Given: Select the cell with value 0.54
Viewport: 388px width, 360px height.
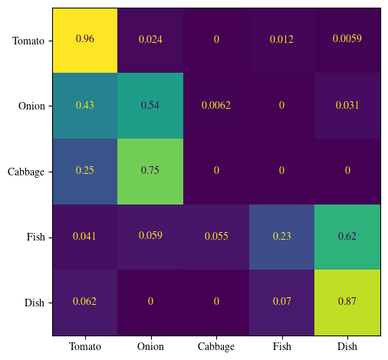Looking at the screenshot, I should coord(150,105).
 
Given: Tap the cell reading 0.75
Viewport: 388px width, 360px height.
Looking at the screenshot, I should coord(150,171).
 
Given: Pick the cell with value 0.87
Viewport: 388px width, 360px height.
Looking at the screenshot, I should coord(347,302).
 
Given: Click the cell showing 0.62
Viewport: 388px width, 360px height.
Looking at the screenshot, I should coord(347,237).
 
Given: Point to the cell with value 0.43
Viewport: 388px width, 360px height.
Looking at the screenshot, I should coord(85,105).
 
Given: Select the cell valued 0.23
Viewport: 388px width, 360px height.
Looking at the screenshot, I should coord(281,237).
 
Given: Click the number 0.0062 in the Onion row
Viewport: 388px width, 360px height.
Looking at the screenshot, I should coord(216,105).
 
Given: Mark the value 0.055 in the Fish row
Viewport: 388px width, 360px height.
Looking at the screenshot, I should coord(216,237).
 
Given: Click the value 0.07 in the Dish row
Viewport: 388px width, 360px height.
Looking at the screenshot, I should coord(281,302).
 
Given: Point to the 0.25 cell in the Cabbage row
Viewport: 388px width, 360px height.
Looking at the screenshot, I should coord(85,171).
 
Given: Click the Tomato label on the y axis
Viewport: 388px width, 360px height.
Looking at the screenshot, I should coord(28,40).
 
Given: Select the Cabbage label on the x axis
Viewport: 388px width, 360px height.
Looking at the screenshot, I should coord(216,346).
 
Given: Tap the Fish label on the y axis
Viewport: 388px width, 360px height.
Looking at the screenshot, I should coord(35,237).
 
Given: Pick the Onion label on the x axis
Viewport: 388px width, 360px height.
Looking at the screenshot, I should coord(150,346).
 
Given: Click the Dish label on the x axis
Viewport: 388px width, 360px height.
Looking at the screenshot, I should coord(347,346).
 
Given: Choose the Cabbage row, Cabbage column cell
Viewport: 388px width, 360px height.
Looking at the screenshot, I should coord(216,171).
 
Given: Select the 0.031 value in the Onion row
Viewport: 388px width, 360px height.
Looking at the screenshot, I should coord(347,105).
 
